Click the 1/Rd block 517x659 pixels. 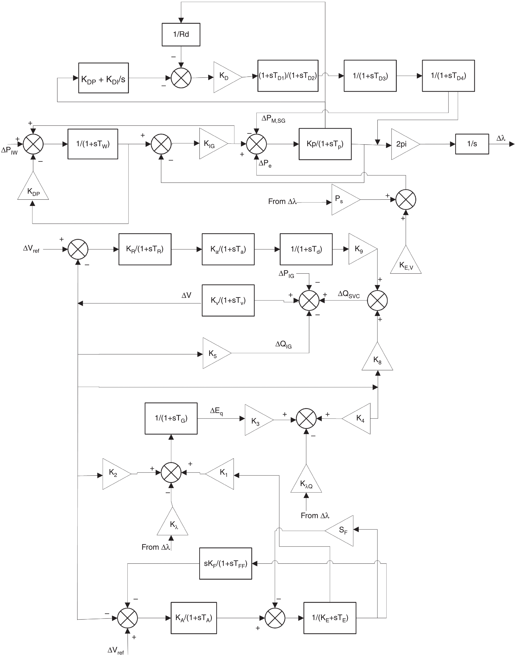click(181, 34)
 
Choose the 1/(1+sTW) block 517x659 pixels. click(93, 144)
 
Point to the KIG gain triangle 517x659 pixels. click(211, 144)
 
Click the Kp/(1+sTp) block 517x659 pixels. click(325, 144)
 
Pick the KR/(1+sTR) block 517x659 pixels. click(145, 249)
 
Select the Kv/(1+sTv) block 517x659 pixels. click(228, 300)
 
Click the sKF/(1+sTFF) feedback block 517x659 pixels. click(226, 563)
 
